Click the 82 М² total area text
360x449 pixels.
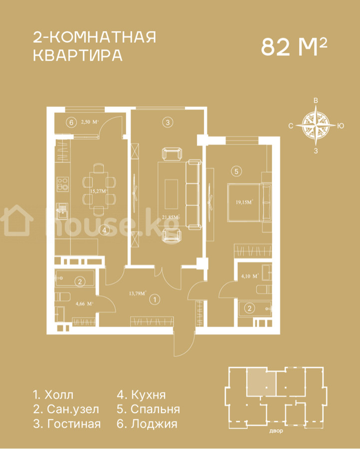coord(294,47)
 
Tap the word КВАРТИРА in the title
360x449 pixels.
coord(78,55)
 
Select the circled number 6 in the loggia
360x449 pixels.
coord(71,123)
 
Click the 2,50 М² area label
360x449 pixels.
coord(90,122)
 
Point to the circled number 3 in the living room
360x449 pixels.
coord(168,123)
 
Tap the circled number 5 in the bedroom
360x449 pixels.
coord(236,171)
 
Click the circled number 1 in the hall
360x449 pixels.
coord(155,300)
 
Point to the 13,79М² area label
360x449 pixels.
coord(138,293)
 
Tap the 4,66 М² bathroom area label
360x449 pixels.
coord(84,304)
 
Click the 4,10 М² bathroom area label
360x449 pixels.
coord(250,276)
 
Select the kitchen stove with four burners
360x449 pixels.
coord(63,184)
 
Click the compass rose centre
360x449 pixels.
coord(316,125)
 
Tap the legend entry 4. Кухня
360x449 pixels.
coord(142,395)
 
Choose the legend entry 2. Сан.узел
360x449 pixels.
coord(66,409)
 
